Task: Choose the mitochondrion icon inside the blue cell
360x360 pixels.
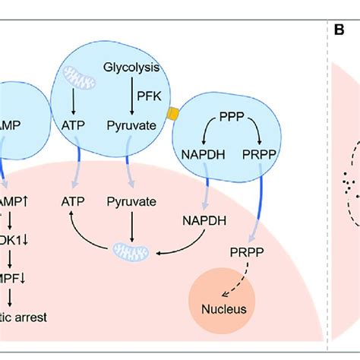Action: coord(80,77)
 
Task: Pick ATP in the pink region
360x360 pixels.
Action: coord(75,202)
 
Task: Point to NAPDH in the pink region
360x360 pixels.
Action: coord(201,221)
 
